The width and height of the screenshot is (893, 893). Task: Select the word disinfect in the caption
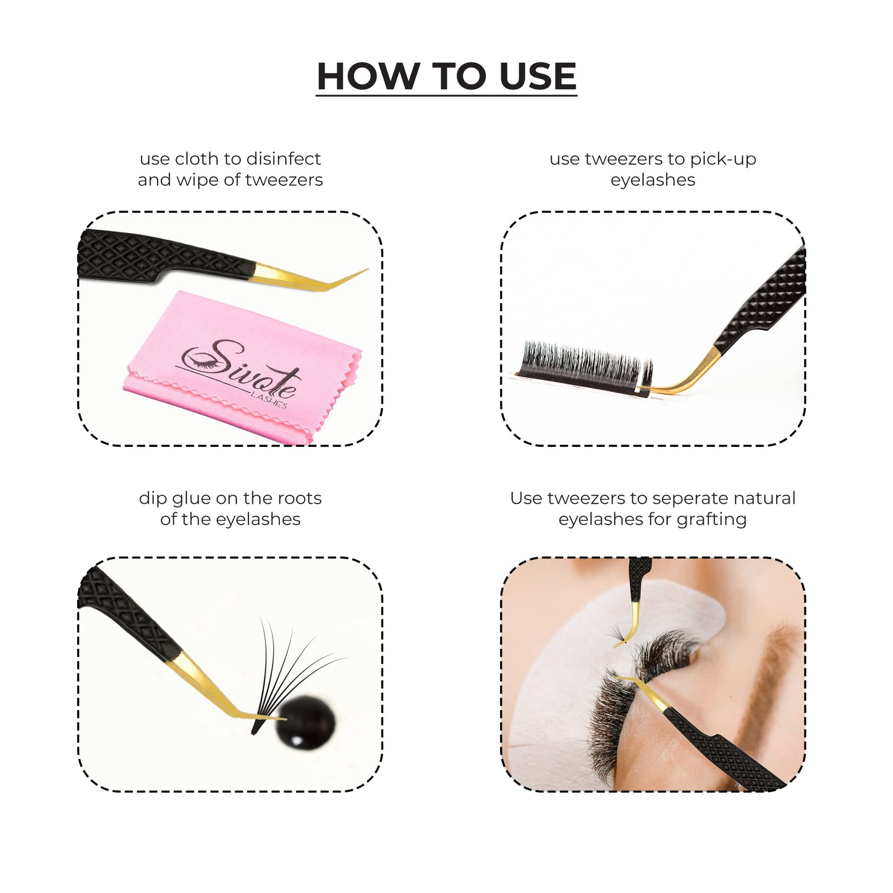click(x=283, y=158)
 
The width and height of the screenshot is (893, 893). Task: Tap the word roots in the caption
click(x=299, y=498)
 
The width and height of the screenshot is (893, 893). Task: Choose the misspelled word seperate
click(x=688, y=499)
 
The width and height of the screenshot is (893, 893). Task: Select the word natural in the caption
click(x=766, y=498)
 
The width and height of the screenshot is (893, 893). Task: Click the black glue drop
click(x=305, y=723)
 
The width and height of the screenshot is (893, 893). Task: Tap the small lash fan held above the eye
click(x=618, y=633)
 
